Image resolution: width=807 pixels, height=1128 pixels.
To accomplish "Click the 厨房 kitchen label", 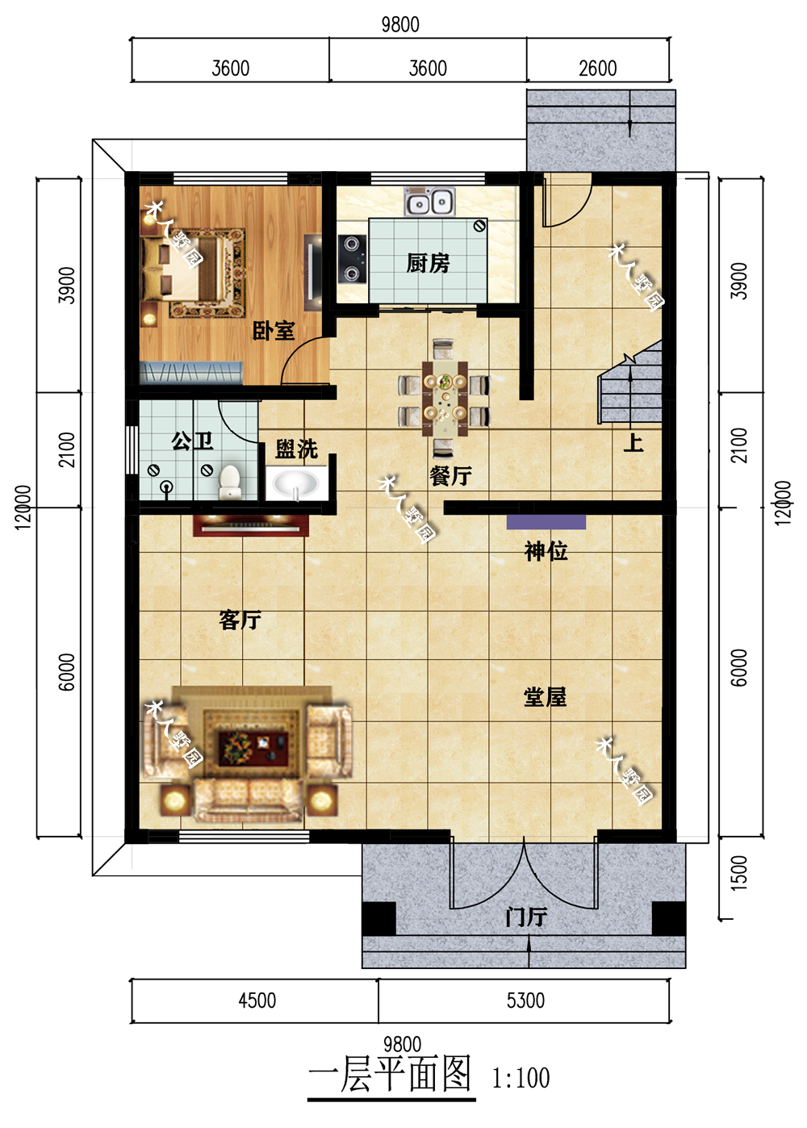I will point(428,263).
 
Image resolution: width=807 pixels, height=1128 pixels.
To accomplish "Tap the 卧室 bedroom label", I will point(274,331).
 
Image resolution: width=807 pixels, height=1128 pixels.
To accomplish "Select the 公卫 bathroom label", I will point(192,441).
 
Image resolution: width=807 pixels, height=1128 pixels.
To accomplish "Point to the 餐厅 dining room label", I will point(450,475).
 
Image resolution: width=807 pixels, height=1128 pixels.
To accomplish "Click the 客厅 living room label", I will point(240,620).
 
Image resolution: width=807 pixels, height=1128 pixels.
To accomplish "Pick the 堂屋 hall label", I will point(545,696).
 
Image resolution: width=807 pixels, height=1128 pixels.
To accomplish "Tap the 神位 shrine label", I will point(546,551).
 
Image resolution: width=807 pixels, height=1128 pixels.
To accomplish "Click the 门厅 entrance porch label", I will point(525,917).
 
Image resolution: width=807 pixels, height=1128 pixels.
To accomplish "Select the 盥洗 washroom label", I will point(296,449).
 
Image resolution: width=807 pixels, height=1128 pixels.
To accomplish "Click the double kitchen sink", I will point(429,202).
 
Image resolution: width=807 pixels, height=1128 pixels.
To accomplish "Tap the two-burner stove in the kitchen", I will point(352,258).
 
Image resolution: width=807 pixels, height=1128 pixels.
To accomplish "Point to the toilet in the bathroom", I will point(230,482).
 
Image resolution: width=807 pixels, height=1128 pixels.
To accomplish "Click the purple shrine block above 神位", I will point(546,521).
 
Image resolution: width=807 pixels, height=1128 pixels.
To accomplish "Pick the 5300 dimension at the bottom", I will point(525,1001).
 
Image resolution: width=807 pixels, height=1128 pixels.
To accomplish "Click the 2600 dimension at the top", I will point(597,69).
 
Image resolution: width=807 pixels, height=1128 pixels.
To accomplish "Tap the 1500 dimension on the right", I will point(738,873).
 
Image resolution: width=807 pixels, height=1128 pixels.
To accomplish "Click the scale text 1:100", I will point(521,1078).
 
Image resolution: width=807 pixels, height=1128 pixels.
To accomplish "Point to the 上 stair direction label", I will point(633,442).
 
